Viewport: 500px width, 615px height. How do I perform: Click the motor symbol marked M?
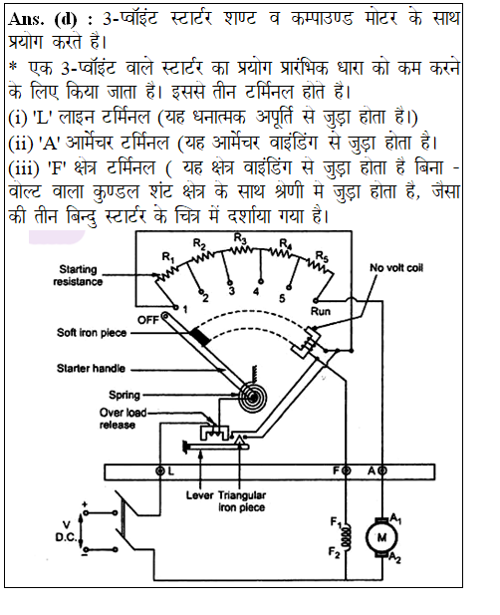381,537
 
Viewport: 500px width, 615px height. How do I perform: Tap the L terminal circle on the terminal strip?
160,470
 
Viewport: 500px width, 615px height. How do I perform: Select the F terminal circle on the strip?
346,470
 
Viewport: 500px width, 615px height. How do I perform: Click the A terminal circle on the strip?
382,470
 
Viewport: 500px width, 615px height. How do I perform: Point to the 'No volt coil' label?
396,268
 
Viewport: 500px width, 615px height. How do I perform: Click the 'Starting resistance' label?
78,275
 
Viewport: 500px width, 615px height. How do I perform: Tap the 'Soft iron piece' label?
92,333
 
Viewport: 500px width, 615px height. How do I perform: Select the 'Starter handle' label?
91,368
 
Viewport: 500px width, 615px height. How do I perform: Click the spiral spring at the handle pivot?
253,397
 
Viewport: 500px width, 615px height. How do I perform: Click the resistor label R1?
168,258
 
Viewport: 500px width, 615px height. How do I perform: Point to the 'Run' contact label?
321,311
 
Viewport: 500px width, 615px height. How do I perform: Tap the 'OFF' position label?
147,320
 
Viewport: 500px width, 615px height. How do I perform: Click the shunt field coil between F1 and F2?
346,536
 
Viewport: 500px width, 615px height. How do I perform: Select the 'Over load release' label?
123,419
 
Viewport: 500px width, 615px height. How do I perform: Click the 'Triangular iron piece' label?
242,501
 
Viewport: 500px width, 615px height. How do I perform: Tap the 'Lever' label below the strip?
199,495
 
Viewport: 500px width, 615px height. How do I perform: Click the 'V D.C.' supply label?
66,531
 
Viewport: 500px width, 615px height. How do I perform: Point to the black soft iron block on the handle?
200,337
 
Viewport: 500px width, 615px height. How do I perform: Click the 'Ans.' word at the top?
26,19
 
